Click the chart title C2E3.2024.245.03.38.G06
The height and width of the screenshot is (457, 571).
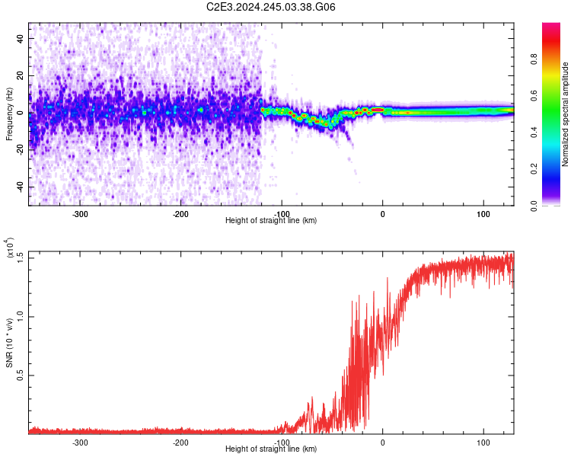click(x=272, y=7)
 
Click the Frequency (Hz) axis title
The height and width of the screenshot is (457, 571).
click(x=9, y=113)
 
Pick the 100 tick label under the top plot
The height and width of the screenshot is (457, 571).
click(x=483, y=214)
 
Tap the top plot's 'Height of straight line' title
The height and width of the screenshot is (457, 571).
click(x=271, y=221)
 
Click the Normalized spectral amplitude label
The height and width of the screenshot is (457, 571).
click(x=566, y=113)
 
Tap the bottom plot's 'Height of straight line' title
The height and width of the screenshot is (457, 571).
click(x=271, y=449)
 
